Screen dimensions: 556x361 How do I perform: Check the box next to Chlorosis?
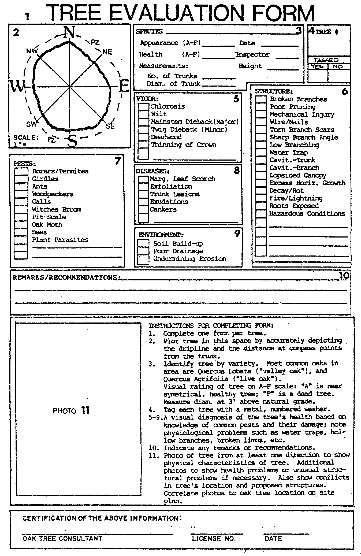click(x=143, y=107)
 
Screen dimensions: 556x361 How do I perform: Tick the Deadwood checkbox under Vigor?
click(x=143, y=137)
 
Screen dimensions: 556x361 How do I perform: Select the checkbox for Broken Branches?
click(x=261, y=99)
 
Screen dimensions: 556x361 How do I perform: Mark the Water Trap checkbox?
click(x=261, y=153)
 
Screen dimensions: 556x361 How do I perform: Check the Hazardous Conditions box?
click(x=261, y=214)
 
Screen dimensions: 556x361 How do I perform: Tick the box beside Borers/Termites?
click(x=21, y=172)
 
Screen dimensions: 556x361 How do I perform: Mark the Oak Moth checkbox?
click(x=21, y=225)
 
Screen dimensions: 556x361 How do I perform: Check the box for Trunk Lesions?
click(x=143, y=194)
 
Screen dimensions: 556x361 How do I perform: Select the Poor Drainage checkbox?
click(x=143, y=251)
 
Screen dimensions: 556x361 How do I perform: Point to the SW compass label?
click(x=31, y=124)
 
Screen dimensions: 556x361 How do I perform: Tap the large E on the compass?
click(x=124, y=86)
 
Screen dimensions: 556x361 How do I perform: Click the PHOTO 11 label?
click(x=71, y=410)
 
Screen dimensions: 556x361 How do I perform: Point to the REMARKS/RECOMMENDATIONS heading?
click(x=66, y=277)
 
